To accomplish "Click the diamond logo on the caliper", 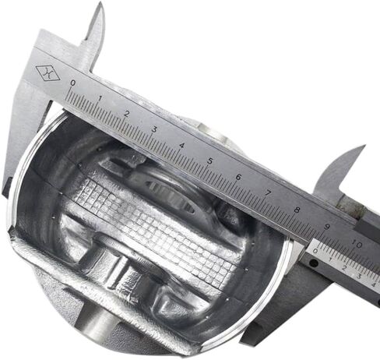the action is pyautogui.click(x=47, y=72).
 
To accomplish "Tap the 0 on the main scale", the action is pyautogui.click(x=73, y=83).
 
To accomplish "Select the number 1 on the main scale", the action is pyautogui.click(x=100, y=98).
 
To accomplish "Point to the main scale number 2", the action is pyautogui.click(x=127, y=114).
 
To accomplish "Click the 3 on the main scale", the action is pyautogui.click(x=154, y=129).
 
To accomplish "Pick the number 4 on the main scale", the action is pyautogui.click(x=181, y=146).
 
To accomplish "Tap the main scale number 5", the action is pyautogui.click(x=209, y=161).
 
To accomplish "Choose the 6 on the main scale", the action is pyautogui.click(x=238, y=178).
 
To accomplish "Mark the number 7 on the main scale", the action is pyautogui.click(x=267, y=193).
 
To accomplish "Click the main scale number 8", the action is pyautogui.click(x=297, y=210).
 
